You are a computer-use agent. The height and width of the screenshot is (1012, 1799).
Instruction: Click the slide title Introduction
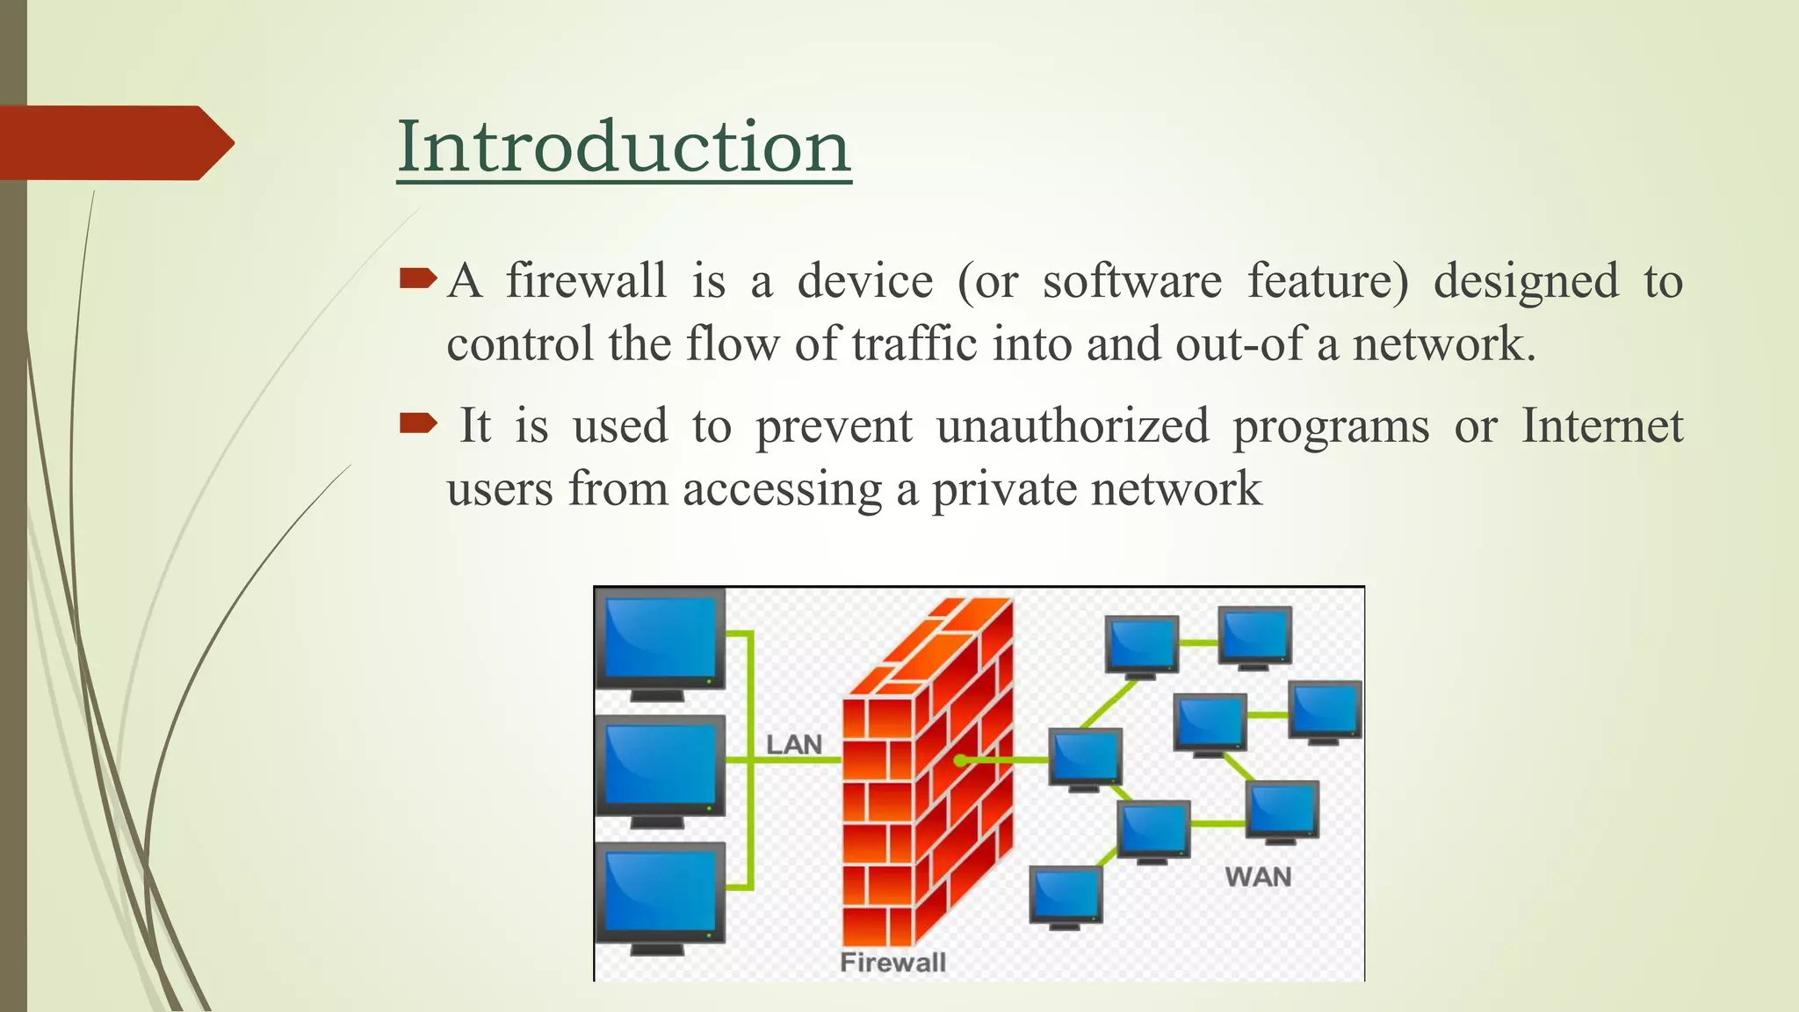pos(624,146)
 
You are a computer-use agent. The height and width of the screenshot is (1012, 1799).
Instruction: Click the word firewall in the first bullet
pos(586,281)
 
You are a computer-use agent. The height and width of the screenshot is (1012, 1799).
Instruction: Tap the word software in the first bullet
pos(1131,281)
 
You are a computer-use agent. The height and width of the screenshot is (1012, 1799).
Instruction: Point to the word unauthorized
pos(1073,426)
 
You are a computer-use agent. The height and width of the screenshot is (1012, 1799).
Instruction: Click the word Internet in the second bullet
pos(1601,426)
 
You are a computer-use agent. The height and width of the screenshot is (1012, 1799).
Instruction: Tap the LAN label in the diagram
pos(793,745)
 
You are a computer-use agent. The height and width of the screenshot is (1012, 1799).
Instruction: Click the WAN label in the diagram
pos(1258,877)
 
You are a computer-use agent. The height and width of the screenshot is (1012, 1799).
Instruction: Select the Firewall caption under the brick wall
pos(892,962)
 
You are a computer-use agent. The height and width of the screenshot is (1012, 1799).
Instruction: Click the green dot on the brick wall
pos(961,760)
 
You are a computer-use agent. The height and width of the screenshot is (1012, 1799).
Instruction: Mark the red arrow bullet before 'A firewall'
pos(417,280)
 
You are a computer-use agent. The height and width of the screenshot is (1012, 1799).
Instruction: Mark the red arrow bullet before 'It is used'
pos(417,425)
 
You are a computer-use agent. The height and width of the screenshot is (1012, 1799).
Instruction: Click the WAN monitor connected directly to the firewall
pos(1086,757)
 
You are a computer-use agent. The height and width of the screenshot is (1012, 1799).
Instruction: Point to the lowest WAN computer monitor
pos(1066,894)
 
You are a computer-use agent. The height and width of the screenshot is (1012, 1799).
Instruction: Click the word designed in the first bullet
pos(1526,281)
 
